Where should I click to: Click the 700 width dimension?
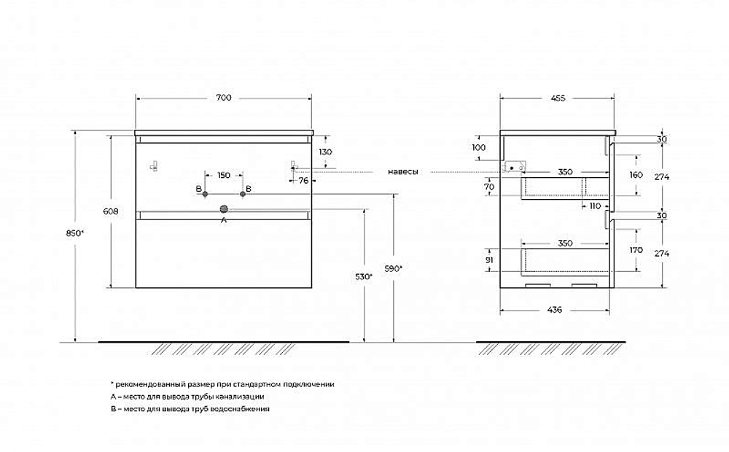pyautogui.click(x=224, y=98)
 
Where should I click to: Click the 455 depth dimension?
pyautogui.click(x=558, y=98)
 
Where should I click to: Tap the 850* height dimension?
pyautogui.click(x=74, y=233)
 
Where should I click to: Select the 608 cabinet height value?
pyautogui.click(x=111, y=211)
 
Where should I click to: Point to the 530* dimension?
pyautogui.click(x=364, y=277)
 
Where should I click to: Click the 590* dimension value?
pyautogui.click(x=394, y=268)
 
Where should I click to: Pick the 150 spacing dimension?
pyautogui.click(x=224, y=175)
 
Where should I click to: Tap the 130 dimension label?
pyautogui.click(x=325, y=152)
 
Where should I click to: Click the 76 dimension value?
pyautogui.click(x=303, y=180)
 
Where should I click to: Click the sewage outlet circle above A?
pyautogui.click(x=224, y=209)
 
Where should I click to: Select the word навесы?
pyautogui.click(x=403, y=171)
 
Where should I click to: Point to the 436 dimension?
pyautogui.click(x=555, y=310)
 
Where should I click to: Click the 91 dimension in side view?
pyautogui.click(x=489, y=260)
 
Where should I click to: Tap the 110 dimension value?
pyautogui.click(x=595, y=206)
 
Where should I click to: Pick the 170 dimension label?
pyautogui.click(x=636, y=250)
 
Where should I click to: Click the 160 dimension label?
pyautogui.click(x=636, y=175)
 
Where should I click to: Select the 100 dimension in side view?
pyautogui.click(x=478, y=147)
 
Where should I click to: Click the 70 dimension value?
pyautogui.click(x=489, y=187)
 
